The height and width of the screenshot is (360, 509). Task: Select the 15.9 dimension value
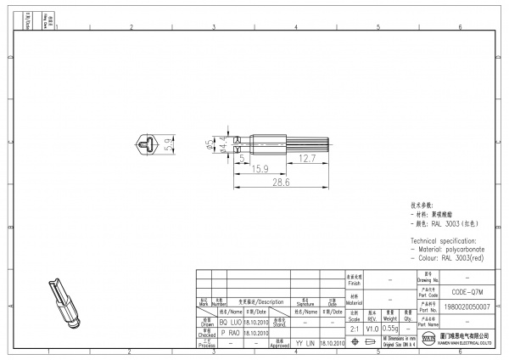(x=260, y=169)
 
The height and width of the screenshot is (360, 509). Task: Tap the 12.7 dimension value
(x=306, y=158)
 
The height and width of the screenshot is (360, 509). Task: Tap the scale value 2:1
(x=355, y=328)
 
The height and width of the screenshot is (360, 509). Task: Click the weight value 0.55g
(x=390, y=328)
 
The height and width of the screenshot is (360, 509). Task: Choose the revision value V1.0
(x=372, y=328)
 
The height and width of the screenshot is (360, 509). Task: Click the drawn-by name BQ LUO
(x=231, y=323)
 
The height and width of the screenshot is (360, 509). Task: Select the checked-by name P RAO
(x=231, y=334)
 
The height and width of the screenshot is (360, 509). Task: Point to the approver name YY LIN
(x=305, y=344)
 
